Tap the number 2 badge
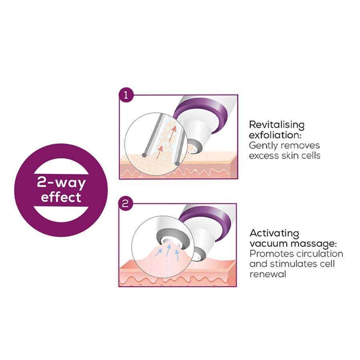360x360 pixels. click(126, 204)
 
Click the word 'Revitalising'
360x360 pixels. click(276, 124)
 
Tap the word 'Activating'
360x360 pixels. click(274, 233)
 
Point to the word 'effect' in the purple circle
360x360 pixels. click(61, 197)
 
